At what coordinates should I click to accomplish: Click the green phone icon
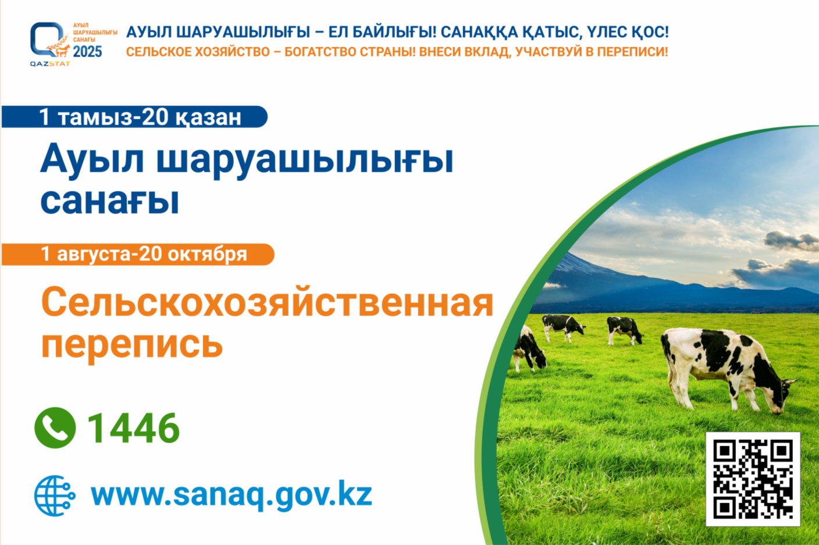click(55, 428)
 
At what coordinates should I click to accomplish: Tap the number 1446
click(133, 428)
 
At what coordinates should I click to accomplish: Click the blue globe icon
click(55, 496)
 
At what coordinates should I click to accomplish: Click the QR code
click(753, 479)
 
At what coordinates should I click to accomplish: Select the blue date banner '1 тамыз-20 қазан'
click(134, 117)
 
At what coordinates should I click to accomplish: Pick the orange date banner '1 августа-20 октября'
click(138, 254)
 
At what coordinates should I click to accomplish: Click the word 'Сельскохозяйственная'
click(267, 302)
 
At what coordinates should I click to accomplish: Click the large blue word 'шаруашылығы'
click(305, 162)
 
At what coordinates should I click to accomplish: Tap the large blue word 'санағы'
click(110, 202)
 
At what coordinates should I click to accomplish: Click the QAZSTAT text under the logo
click(49, 64)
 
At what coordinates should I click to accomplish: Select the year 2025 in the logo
click(87, 52)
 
